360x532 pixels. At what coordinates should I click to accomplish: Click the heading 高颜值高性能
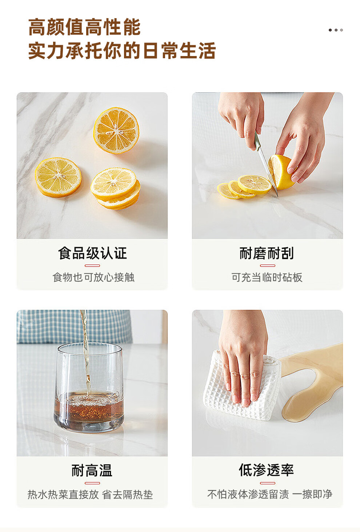(x=84, y=27)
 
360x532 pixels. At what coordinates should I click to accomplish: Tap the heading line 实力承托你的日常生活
(x=122, y=50)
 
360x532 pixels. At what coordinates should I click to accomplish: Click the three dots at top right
(x=336, y=30)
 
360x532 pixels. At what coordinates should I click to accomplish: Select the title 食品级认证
(x=92, y=253)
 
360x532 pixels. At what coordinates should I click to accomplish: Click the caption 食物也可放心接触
(x=93, y=277)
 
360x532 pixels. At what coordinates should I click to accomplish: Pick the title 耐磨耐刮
(x=267, y=253)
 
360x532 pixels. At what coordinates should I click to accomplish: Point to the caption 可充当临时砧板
(x=267, y=277)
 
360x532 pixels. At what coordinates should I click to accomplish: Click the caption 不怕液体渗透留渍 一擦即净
(x=269, y=495)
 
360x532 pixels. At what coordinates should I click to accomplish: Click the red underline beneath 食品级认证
(x=92, y=266)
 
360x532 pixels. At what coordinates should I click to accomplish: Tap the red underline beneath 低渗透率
(x=267, y=483)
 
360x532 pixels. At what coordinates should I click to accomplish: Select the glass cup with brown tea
(x=89, y=388)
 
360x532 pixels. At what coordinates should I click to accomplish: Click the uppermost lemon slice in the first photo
(x=116, y=130)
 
